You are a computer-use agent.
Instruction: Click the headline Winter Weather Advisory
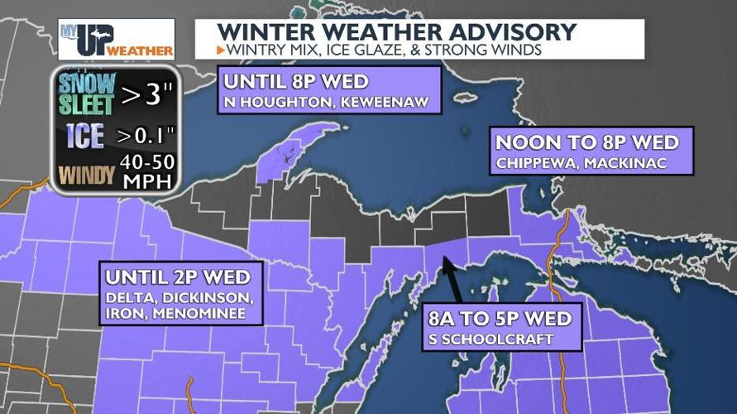click(x=396, y=32)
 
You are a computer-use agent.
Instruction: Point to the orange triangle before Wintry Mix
click(x=220, y=51)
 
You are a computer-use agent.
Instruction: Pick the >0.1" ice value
click(x=146, y=133)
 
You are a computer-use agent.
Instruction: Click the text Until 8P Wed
click(x=296, y=84)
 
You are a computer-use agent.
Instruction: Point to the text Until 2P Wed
click(x=183, y=276)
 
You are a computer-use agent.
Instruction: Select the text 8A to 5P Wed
click(x=500, y=320)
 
